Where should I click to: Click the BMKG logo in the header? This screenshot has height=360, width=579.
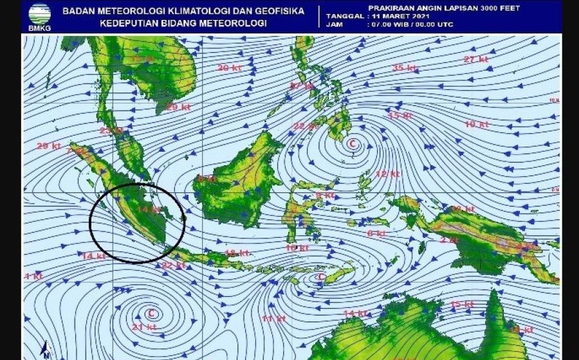tap(39, 17)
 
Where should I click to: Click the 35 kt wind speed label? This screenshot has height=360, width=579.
tap(403, 67)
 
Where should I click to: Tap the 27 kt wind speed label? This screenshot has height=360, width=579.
tap(475, 60)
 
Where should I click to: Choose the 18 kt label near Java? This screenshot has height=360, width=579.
tap(236, 253)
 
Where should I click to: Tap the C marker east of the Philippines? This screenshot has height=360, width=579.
tap(352, 144)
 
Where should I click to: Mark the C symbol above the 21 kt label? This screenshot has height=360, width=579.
tap(152, 314)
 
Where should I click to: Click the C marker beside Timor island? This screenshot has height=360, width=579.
tap(320, 277)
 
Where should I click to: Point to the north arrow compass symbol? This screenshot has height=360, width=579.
tap(46, 350)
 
